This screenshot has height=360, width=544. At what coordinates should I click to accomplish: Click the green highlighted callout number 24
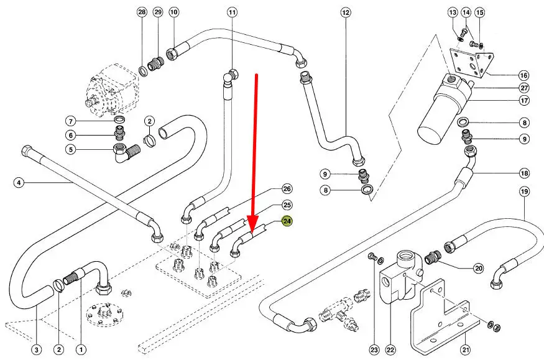pyautogui.click(x=287, y=221)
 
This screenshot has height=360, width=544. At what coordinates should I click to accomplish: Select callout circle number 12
pyautogui.click(x=346, y=12)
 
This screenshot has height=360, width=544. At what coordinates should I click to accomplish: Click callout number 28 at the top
pyautogui.click(x=142, y=12)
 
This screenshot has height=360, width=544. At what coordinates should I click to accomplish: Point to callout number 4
pyautogui.click(x=19, y=182)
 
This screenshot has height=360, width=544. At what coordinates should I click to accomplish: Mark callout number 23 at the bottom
pyautogui.click(x=374, y=349)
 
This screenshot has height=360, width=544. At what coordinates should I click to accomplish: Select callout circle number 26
pyautogui.click(x=287, y=188)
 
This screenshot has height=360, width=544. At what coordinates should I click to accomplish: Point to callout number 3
pyautogui.click(x=37, y=349)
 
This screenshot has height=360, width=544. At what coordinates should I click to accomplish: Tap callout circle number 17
pyautogui.click(x=524, y=100)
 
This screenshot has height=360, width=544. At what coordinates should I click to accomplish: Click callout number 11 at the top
pyautogui.click(x=232, y=12)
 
